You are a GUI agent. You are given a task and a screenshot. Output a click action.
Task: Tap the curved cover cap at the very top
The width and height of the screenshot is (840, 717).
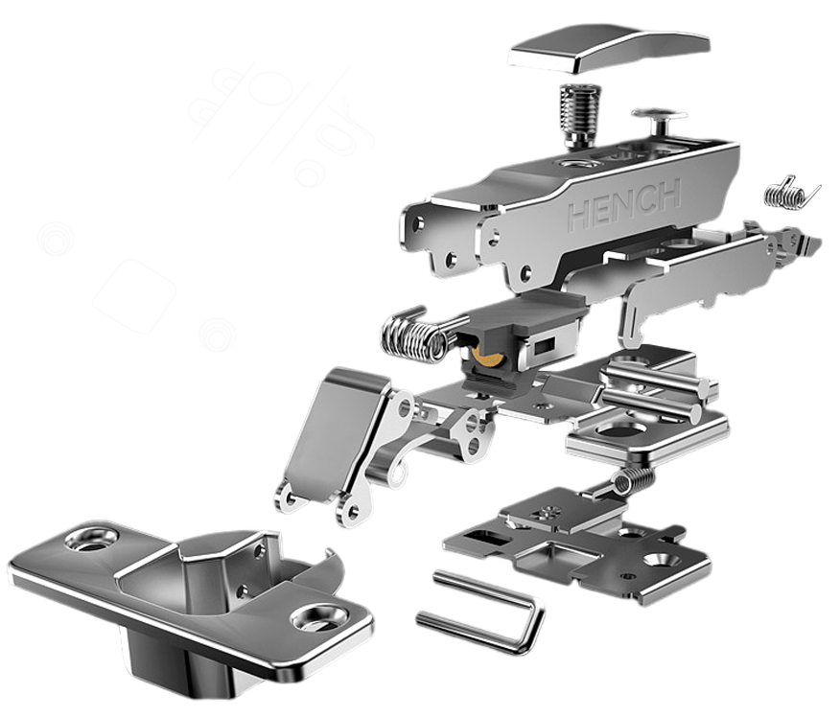click(608, 48)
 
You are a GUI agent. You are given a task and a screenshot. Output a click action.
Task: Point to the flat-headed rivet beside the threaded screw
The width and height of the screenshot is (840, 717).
click(658, 122)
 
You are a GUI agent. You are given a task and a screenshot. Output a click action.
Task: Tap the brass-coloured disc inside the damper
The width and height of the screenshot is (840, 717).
click(488, 359)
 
